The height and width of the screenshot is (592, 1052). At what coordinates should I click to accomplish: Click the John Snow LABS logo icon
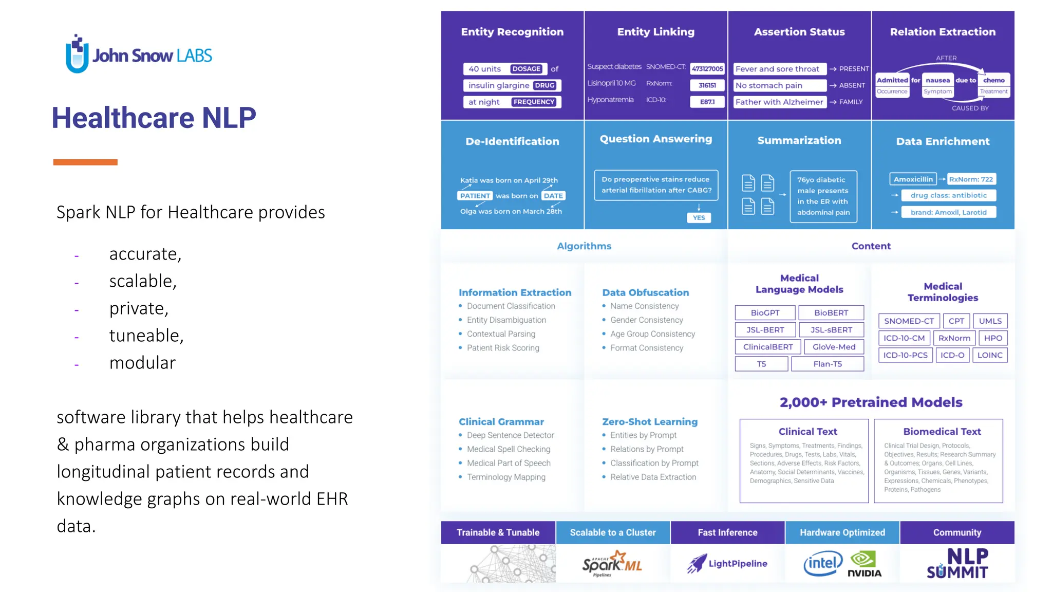[x=77, y=54]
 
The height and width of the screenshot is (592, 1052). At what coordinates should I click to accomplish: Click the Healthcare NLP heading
[x=154, y=118]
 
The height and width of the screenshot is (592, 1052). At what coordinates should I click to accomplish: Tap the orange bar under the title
[x=85, y=162]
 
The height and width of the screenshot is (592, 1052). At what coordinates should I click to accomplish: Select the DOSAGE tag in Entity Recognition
[x=526, y=69]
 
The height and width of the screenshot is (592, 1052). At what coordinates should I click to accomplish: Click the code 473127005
[x=707, y=69]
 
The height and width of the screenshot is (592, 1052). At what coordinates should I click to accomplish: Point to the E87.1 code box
[x=707, y=102]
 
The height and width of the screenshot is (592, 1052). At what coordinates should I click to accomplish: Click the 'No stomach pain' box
[x=779, y=85]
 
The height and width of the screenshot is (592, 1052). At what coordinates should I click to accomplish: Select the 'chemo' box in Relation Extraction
[x=993, y=80]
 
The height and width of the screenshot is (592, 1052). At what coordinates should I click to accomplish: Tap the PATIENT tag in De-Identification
[x=475, y=196]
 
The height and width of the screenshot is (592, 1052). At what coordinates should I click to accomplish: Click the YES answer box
[x=699, y=218]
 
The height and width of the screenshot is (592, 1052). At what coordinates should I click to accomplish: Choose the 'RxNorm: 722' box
[x=971, y=179]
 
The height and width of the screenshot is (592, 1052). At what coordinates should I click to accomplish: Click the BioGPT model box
[x=765, y=312]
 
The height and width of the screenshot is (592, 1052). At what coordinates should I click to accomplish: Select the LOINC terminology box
[x=989, y=355]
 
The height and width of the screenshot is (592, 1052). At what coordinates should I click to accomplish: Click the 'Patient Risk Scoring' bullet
[x=503, y=348]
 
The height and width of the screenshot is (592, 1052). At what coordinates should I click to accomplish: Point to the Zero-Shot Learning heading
[x=650, y=422]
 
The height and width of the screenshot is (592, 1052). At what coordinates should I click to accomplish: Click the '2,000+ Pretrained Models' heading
[x=871, y=402]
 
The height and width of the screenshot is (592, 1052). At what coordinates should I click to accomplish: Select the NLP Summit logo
[x=957, y=564]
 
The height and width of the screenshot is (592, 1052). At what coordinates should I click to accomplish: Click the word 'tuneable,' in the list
[x=146, y=336]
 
